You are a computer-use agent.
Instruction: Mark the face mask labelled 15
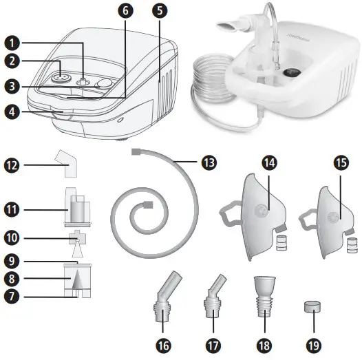point(329,211)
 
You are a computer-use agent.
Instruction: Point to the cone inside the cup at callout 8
point(73,280)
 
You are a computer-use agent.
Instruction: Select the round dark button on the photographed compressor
point(289,71)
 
